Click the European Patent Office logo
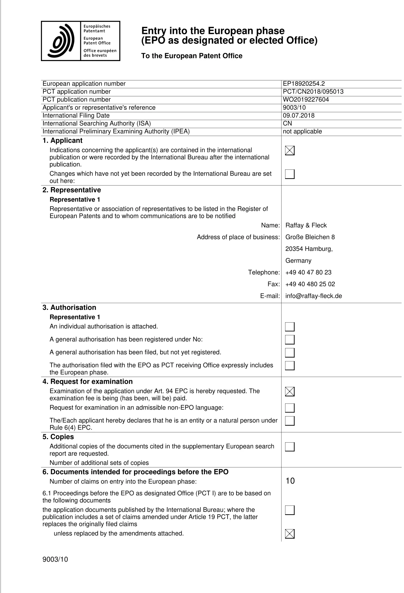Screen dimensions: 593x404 click(80, 41)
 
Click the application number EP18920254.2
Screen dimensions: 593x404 click(304, 84)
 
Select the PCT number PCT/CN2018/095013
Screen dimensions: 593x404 click(313, 91)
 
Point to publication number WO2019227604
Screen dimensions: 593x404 click(306, 100)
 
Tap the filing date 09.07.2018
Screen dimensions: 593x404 click(299, 115)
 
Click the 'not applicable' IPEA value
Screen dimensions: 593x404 click(302, 131)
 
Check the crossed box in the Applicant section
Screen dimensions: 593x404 click(290, 151)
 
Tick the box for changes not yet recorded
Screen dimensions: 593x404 click(290, 174)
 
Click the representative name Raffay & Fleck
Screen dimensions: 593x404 click(306, 225)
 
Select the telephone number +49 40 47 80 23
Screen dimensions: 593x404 click(308, 272)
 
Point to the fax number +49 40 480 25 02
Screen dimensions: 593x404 click(310, 284)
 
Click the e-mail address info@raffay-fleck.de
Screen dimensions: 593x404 click(314, 296)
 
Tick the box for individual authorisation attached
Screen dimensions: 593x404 click(290, 327)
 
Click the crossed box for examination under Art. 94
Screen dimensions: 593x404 click(290, 391)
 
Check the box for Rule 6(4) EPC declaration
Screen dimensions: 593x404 click(290, 421)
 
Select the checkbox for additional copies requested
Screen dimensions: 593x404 click(290, 447)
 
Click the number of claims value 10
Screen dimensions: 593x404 click(290, 481)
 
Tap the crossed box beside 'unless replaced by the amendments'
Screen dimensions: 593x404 click(290, 534)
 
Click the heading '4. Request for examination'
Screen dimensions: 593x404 click(88, 382)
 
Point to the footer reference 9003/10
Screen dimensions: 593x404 click(55, 559)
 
